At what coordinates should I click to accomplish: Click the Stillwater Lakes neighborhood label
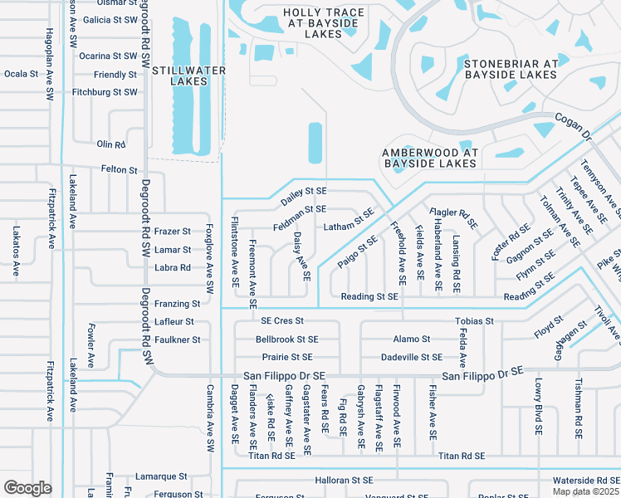click(189, 76)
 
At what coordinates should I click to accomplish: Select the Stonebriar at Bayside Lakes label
click(511, 69)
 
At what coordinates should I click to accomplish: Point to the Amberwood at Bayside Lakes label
click(430, 158)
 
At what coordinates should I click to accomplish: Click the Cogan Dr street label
click(573, 127)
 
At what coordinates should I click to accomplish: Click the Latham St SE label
click(349, 220)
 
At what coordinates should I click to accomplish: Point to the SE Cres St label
click(283, 320)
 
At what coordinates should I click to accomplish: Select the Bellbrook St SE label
click(287, 339)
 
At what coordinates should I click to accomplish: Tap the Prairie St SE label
click(284, 357)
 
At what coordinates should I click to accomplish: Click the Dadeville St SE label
click(411, 357)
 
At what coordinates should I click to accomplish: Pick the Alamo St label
click(412, 339)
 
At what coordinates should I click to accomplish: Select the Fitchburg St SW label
click(105, 92)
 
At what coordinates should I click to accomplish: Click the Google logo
click(27, 488)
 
